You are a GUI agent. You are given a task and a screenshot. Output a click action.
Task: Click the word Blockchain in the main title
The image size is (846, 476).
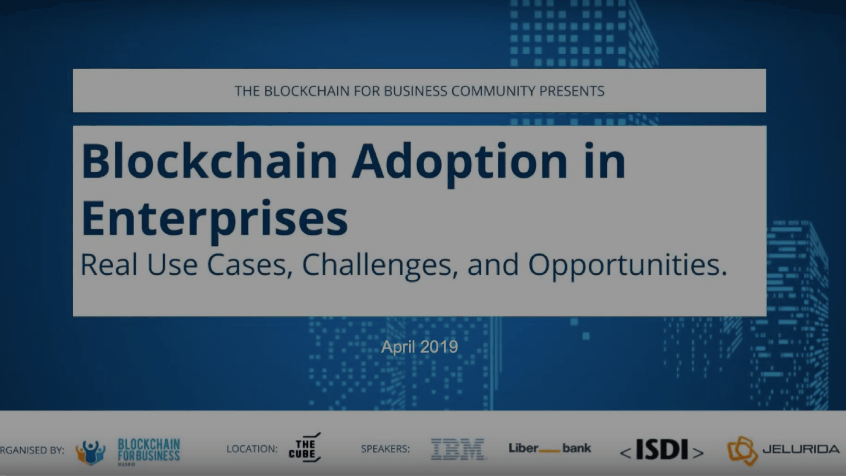209,161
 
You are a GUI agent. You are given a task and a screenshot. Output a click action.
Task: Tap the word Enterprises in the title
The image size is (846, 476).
214,219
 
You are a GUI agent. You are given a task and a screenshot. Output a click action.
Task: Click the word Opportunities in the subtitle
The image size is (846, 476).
627,265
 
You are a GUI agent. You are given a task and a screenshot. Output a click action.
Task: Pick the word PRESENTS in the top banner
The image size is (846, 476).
572,91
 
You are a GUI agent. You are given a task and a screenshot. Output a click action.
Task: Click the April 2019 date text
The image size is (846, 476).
419,347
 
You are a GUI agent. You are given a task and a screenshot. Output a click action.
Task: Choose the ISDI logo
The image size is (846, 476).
661,449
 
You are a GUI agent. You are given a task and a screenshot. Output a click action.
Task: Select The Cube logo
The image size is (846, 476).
304,447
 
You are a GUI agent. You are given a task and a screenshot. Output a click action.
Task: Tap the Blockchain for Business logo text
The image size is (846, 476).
149,450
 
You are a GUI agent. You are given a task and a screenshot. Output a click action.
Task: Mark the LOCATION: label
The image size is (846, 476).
252,449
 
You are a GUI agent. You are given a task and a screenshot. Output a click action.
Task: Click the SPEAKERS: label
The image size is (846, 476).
385,449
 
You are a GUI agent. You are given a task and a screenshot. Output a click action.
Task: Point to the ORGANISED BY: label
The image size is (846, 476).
32,450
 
